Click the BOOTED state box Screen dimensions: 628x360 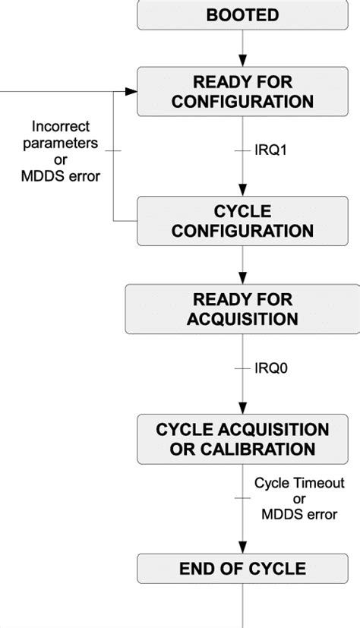(242, 15)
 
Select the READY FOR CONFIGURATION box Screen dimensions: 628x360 (242, 91)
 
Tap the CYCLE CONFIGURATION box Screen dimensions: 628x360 (242, 220)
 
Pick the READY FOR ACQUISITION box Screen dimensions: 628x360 (242, 308)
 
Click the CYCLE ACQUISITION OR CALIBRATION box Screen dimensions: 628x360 (242, 439)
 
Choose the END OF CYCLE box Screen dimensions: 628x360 (242, 568)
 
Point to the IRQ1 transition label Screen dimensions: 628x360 (270, 150)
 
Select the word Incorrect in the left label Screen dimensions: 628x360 (61, 125)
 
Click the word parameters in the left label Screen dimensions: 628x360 (61, 141)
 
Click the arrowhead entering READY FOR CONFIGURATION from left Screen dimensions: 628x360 (131, 91)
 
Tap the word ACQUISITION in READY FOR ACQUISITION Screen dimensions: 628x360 (242, 317)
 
